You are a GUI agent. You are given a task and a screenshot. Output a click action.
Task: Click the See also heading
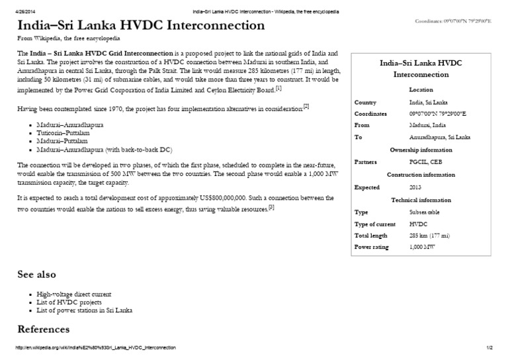coord(36,274)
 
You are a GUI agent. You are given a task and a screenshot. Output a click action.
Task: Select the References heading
coord(43,329)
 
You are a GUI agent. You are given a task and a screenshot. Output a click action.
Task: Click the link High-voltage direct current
coord(74,293)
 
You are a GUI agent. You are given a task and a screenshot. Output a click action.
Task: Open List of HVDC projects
coord(65,302)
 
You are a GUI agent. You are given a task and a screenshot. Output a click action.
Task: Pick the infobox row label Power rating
coord(372,247)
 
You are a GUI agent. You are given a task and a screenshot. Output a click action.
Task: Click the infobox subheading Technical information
coord(421,200)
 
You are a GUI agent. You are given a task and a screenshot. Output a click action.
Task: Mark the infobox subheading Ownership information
coord(421,149)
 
